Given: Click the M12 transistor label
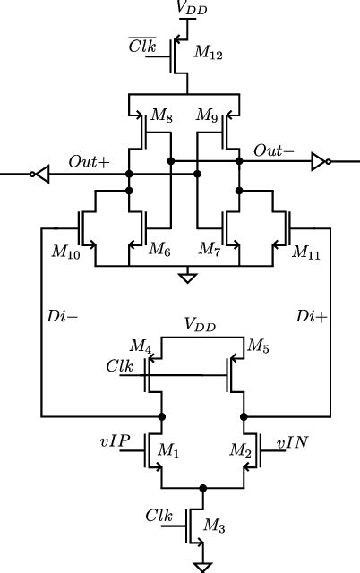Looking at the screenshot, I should click(x=210, y=56).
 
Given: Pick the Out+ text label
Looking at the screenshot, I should click(x=89, y=162).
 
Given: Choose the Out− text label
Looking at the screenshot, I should click(x=273, y=152).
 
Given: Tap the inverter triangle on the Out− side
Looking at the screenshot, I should click(x=319, y=162).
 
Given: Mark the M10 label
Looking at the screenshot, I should click(x=65, y=253).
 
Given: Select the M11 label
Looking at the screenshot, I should click(x=308, y=253).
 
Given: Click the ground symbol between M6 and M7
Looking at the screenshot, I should click(x=187, y=278).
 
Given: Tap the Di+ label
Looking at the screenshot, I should click(x=311, y=316).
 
